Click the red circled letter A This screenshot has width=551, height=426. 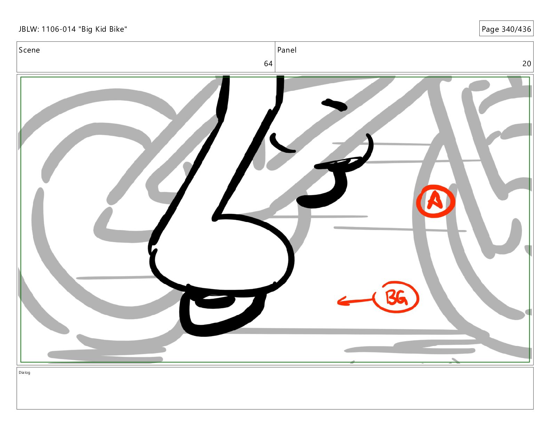pyautogui.click(x=436, y=201)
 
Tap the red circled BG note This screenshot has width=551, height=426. pyautogui.click(x=397, y=297)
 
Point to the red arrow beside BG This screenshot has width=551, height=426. pyautogui.click(x=355, y=301)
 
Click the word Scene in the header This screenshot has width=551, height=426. pyautogui.click(x=29, y=50)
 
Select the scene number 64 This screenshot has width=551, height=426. pyautogui.click(x=268, y=63)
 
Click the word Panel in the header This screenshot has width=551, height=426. pyautogui.click(x=287, y=50)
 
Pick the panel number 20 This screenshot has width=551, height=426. pyautogui.click(x=527, y=63)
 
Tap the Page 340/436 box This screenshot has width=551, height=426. pyautogui.click(x=506, y=29)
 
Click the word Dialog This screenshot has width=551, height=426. pyautogui.click(x=24, y=372)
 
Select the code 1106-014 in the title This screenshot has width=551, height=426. pyautogui.click(x=58, y=29)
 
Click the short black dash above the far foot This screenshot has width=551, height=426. pyautogui.click(x=334, y=105)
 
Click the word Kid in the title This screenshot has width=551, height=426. pyautogui.click(x=101, y=29)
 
